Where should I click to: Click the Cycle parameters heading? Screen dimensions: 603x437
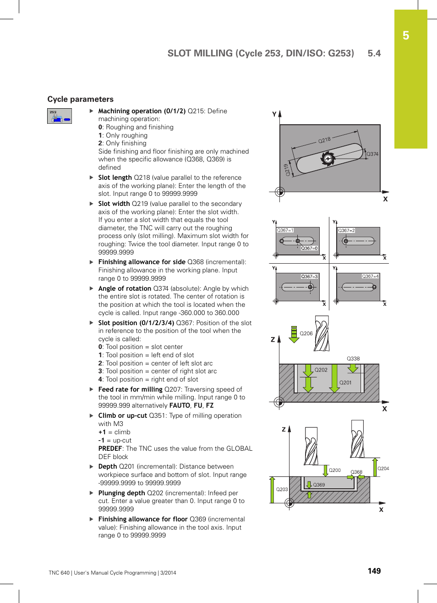coord(80,99)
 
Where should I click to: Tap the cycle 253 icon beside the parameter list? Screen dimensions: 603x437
coord(60,116)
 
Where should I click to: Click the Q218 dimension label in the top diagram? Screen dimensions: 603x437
coord(324,140)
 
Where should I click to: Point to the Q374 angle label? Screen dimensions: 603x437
coord(372,154)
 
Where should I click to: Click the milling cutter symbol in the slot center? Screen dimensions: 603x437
coord(328,159)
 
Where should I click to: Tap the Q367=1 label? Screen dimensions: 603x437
coord(285,230)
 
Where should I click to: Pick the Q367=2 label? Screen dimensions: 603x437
coord(346,230)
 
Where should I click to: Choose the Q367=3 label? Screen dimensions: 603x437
coord(309,277)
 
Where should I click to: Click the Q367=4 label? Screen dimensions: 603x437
coord(370,277)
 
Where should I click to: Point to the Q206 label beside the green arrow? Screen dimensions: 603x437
coord(306,333)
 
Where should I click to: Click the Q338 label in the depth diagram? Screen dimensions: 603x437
coord(353,359)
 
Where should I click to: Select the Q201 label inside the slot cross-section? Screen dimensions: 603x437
coord(345,382)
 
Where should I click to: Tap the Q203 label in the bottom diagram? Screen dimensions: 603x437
coord(282,489)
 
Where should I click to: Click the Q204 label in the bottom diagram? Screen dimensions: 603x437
coord(383,468)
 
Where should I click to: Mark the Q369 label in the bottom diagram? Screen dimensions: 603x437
coord(319,485)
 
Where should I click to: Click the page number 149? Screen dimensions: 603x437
coord(374,571)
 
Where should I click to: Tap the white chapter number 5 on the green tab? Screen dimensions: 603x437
coord(406,35)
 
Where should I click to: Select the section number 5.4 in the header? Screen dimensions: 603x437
coord(374,53)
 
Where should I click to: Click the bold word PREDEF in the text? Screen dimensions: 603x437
coord(110,448)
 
